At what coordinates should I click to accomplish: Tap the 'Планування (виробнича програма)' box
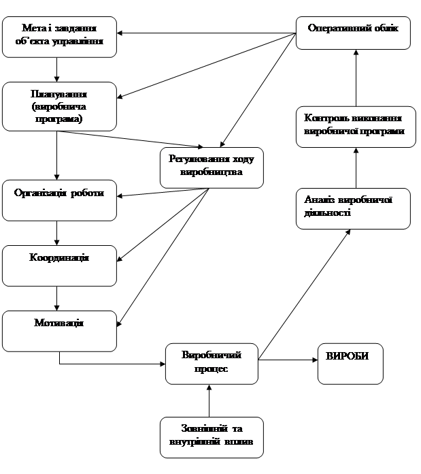pos(58,106)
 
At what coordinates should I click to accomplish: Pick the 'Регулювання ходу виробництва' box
pos(212,167)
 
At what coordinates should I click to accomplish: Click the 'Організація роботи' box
pos(59,199)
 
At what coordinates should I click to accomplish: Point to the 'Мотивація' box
pos(59,330)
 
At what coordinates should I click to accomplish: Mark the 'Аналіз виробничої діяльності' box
pos(353,209)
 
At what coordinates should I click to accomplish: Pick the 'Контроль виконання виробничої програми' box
pos(356,126)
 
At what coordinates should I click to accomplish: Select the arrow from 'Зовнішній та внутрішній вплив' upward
pos(209,400)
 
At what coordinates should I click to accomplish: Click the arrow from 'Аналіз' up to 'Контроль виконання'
pos(356,168)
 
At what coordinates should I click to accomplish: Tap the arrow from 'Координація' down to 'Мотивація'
pos(58,298)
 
